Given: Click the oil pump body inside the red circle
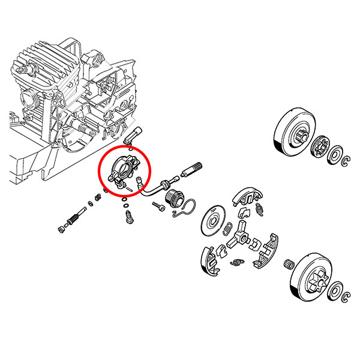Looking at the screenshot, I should click(x=124, y=167).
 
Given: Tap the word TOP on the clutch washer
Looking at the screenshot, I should click(x=212, y=211).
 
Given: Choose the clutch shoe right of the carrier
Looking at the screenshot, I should click(x=266, y=248).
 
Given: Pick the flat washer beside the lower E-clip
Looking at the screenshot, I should click(x=338, y=287).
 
